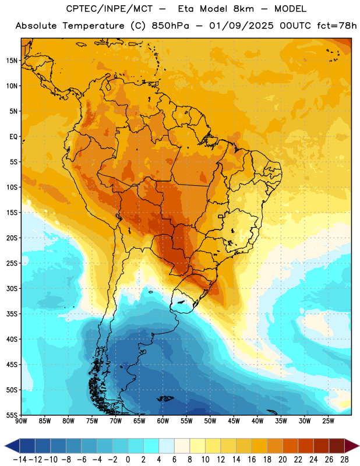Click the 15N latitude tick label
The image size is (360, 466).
(x=12, y=61)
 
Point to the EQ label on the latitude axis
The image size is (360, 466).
(x=13, y=137)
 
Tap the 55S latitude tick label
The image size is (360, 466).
(x=12, y=415)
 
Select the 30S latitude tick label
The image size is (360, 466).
(x=12, y=288)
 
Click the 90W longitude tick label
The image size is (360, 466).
(x=21, y=421)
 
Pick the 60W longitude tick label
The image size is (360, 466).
(x=163, y=421)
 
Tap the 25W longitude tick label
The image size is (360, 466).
(x=329, y=421)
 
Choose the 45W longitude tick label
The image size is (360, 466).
(x=234, y=421)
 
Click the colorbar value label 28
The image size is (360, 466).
(x=344, y=460)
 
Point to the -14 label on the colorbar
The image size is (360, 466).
(x=20, y=460)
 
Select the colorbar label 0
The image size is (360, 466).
(x=128, y=460)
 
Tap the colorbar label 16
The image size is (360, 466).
(x=252, y=460)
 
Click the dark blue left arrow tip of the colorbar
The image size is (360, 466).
(x=5, y=446)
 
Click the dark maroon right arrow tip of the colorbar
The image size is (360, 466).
(x=359, y=446)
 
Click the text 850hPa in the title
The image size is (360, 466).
(x=170, y=26)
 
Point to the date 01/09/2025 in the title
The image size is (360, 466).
(x=241, y=26)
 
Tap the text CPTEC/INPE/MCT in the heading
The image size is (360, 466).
(x=110, y=9)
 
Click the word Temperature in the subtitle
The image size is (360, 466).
(x=93, y=26)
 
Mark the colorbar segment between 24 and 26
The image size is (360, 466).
(x=322, y=446)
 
